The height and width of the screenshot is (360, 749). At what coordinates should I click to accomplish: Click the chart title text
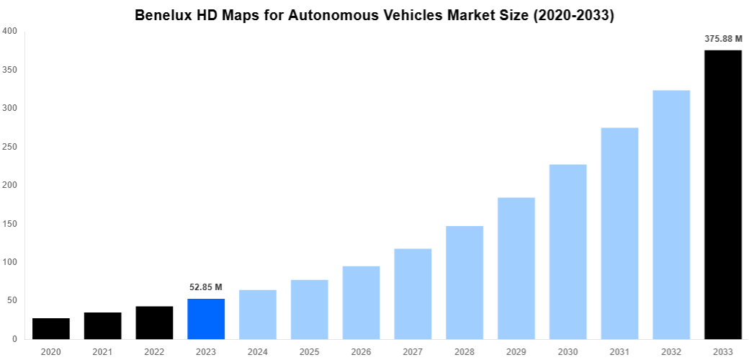tap(374, 15)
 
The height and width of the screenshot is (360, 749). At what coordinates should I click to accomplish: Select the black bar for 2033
tap(723, 194)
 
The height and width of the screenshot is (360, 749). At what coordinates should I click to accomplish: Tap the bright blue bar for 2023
tap(206, 319)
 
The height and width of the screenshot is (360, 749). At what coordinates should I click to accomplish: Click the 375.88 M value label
tap(723, 39)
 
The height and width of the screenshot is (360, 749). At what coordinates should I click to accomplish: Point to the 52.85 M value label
tap(206, 287)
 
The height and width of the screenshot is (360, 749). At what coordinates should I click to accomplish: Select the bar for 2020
tap(51, 328)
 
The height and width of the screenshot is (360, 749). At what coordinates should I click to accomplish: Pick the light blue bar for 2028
tap(465, 282)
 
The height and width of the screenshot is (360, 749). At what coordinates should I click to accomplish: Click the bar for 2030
tap(568, 251)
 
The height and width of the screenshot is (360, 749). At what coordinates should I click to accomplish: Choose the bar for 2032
tap(671, 215)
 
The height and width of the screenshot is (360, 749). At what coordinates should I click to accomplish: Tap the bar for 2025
tap(310, 309)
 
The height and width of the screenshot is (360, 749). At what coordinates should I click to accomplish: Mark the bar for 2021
tap(103, 325)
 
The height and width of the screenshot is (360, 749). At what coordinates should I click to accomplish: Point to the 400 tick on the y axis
tap(10, 31)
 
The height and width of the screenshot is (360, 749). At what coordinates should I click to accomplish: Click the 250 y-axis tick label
tap(10, 147)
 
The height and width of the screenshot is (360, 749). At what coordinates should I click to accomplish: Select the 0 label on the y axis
tap(14, 339)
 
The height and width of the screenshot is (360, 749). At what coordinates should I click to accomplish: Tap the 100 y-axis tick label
tap(10, 262)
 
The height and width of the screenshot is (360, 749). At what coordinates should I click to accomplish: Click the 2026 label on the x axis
tap(361, 351)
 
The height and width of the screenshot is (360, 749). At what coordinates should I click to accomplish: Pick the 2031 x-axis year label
tap(619, 351)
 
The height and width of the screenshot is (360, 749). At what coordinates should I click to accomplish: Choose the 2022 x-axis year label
tap(154, 351)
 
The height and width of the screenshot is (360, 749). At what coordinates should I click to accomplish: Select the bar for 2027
tap(413, 294)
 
